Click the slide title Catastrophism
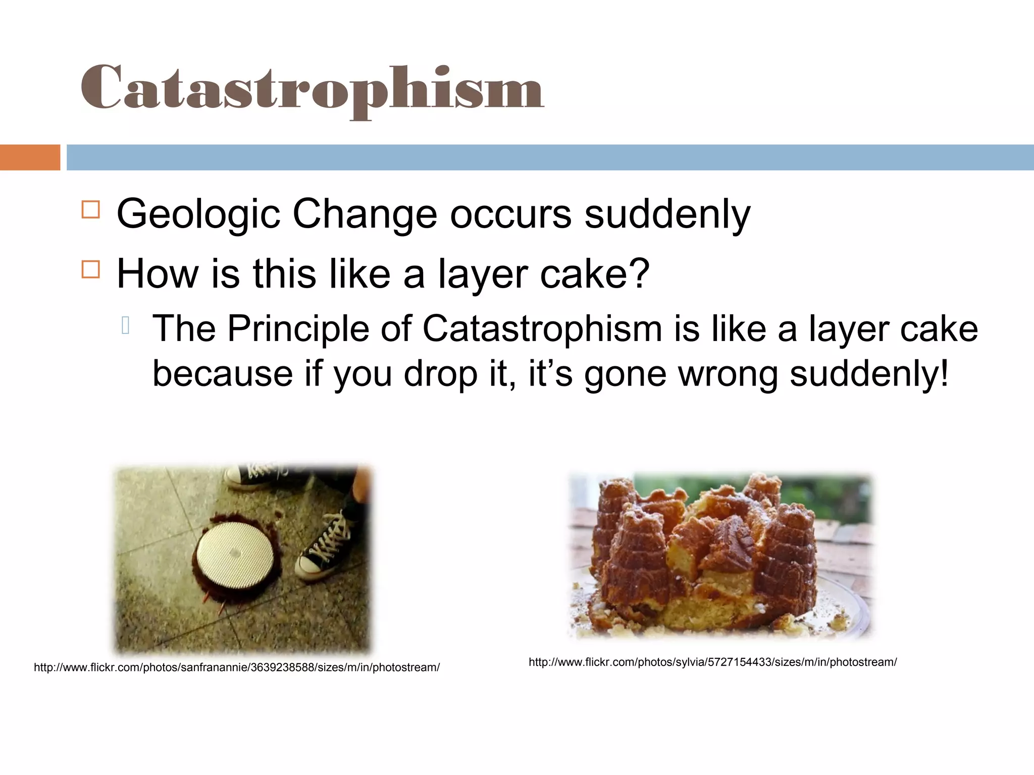312,88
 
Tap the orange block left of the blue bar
30,157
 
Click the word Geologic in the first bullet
198,214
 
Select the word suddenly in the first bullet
667,214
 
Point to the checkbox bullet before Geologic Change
91,209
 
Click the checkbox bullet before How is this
91,269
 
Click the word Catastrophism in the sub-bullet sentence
542,329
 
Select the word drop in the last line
440,374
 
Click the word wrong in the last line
727,374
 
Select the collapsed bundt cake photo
719,555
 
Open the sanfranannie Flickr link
237,668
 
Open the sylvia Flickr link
712,662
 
